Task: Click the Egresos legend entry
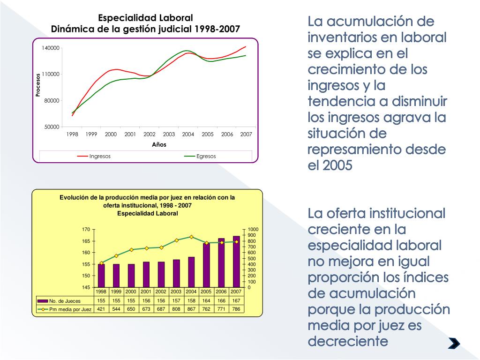206,156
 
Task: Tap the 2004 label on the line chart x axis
188,134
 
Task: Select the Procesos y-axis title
38,85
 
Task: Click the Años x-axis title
159,144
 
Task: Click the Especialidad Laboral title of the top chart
145,18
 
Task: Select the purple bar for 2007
236,262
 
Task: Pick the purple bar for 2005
206,265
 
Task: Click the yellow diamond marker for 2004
191,237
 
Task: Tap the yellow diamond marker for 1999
116,255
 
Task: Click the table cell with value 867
191,309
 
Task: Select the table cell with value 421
101,309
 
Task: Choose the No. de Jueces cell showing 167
236,300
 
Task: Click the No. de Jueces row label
65,301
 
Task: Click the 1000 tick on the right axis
253,230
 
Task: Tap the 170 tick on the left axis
86,230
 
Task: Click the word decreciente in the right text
348,341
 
